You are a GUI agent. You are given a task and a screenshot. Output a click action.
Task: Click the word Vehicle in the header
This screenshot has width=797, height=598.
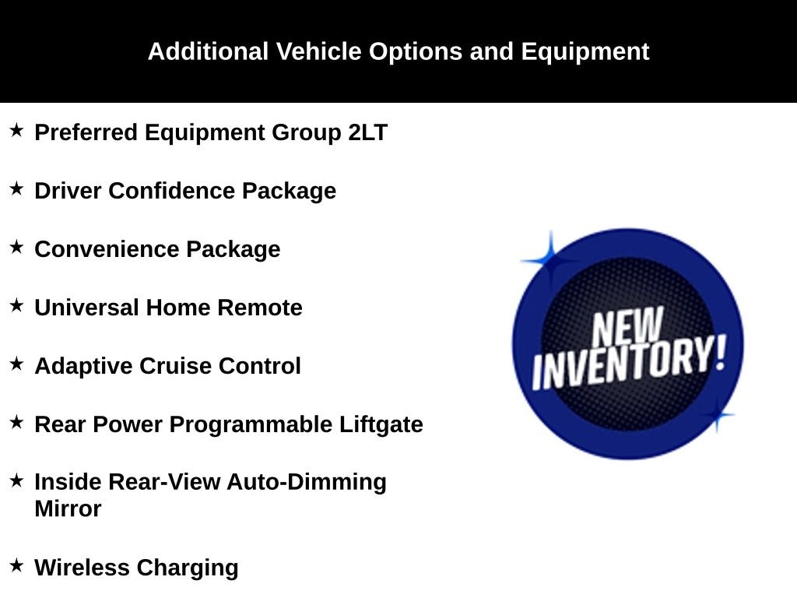point(318,51)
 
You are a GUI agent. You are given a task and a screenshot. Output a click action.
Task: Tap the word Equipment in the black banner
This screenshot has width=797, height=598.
point(585,52)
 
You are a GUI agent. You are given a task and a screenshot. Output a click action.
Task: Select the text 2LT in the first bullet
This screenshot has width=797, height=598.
point(368,132)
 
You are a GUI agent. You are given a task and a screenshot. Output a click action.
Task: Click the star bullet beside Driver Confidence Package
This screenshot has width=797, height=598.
point(17,188)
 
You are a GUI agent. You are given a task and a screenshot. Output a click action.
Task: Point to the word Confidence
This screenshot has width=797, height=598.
point(172,191)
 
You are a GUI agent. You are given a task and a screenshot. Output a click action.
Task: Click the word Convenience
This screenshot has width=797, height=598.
point(107,249)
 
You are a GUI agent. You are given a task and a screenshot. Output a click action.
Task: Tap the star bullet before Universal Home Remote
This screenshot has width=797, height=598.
point(17,305)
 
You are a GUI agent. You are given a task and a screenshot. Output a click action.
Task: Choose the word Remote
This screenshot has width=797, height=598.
point(260,308)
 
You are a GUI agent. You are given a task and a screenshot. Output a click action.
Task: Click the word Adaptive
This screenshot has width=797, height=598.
point(84,367)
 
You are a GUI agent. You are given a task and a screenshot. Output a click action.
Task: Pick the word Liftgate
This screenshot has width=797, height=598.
point(381,425)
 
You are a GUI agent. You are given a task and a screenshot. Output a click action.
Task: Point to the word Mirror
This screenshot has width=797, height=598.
point(68,509)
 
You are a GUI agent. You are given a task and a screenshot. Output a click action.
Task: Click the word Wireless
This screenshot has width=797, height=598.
point(82,568)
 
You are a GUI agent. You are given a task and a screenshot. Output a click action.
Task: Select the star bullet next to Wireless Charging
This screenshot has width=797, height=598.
point(17,565)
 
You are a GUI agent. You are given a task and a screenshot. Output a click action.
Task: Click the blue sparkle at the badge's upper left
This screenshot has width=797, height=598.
point(550,260)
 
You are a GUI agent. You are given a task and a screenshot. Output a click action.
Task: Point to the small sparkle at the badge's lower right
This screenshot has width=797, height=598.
point(717,415)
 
